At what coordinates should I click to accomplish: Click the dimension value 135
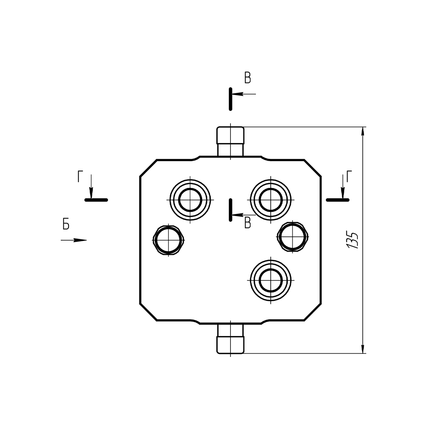[353, 240]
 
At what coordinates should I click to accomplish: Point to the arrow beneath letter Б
[74, 240]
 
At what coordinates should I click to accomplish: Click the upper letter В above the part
[248, 78]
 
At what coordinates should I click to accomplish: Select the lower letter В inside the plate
[248, 223]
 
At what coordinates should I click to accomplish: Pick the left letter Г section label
[80, 176]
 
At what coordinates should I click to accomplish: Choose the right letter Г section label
[349, 176]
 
